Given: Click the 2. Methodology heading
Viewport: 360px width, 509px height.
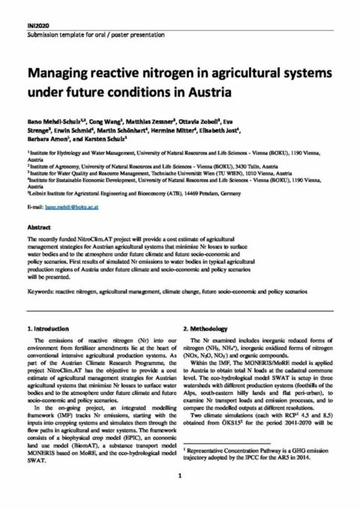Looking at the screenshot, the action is [209, 328].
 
